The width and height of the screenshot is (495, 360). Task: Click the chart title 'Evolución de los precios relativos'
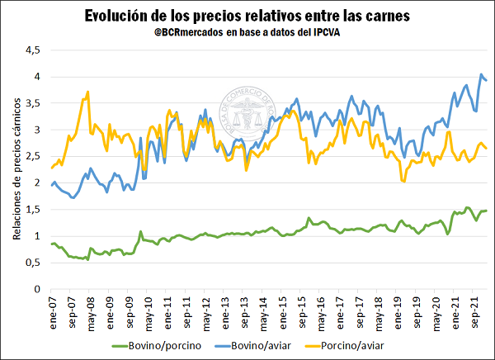(248, 16)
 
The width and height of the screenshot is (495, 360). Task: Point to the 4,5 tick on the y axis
(31, 50)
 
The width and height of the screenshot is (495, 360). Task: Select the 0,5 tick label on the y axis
(31, 263)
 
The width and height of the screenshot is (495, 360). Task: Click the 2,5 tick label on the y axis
(31, 157)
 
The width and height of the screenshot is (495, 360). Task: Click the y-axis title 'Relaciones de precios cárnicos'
(16, 178)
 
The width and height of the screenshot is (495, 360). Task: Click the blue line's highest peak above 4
(481, 74)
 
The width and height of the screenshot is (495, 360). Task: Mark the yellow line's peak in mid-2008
(87, 92)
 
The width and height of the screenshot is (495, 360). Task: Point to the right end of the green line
(487, 211)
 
